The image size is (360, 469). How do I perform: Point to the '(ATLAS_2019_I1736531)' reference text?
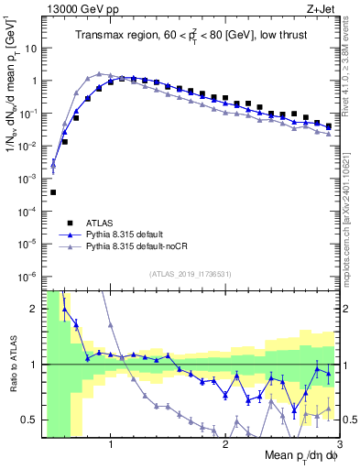click(190, 273)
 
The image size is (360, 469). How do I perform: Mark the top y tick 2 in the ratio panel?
click(34, 309)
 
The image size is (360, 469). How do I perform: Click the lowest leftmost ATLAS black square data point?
click(53, 192)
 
